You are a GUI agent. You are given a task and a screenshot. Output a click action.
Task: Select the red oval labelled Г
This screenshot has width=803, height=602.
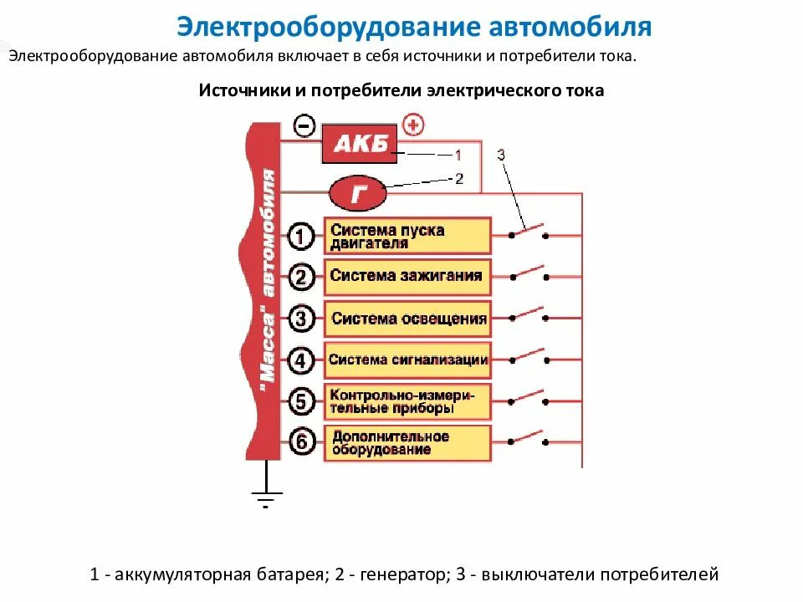(359, 195)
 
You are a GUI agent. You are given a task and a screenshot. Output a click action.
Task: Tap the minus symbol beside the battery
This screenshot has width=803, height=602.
(304, 126)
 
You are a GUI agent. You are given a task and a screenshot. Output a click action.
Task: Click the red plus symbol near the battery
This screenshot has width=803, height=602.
(413, 125)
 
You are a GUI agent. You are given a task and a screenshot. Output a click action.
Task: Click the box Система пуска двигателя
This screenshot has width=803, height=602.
(407, 237)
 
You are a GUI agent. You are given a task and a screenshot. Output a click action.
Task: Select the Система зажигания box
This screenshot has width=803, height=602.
(407, 276)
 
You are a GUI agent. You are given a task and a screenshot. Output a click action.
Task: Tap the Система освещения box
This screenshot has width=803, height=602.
(407, 319)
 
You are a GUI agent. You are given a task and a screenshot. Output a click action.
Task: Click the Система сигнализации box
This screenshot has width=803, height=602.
(407, 360)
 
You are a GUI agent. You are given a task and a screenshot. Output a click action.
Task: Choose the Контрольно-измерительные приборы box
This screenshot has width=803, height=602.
(407, 401)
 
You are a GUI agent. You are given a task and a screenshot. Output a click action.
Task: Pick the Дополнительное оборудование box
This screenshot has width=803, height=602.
(407, 442)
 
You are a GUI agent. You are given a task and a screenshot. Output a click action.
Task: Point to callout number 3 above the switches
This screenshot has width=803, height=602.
(501, 155)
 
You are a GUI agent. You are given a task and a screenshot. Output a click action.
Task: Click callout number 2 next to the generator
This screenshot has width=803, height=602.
(458, 178)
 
